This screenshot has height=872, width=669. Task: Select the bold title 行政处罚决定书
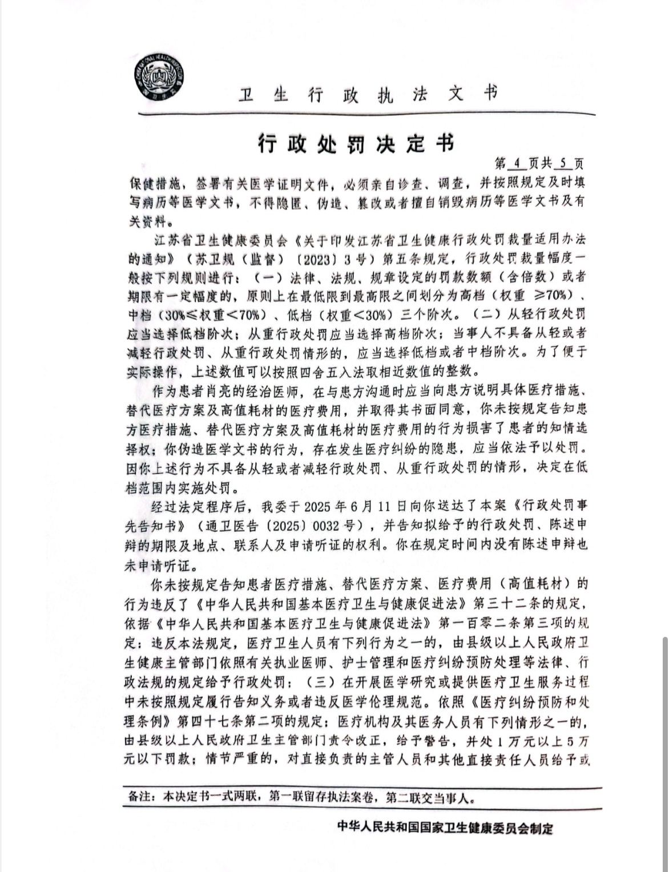tap(357, 143)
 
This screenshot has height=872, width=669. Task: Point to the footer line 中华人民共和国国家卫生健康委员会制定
tap(445, 828)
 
